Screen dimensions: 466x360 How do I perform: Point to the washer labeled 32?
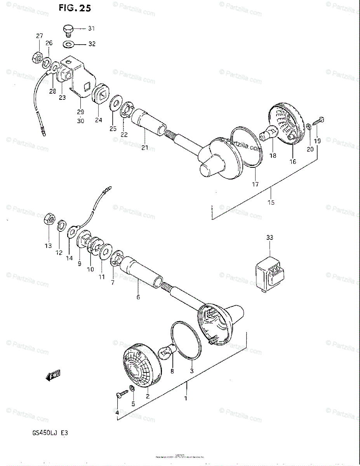coord(69,44)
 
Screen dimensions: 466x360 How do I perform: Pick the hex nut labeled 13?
coord(49,219)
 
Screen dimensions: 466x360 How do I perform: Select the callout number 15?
coord(271,202)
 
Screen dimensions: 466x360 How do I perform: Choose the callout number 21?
coord(144,148)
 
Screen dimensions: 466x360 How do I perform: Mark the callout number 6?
coord(138,297)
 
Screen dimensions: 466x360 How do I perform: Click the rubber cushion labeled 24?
coord(101,94)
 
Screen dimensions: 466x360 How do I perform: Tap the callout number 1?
coord(186,398)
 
